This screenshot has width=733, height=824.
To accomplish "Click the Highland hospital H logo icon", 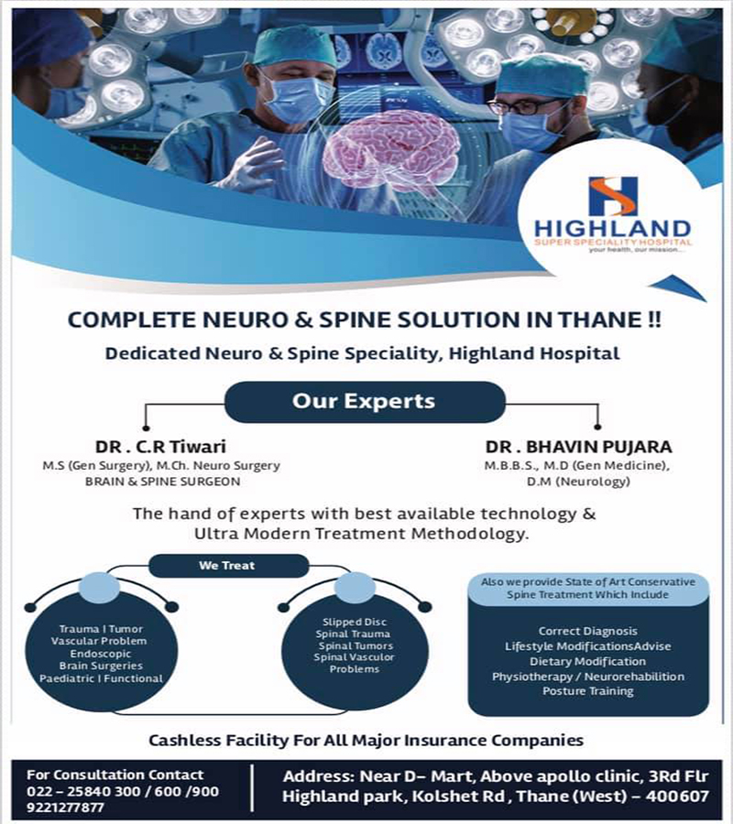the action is (x=613, y=196).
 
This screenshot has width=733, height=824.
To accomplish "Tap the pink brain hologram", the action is (x=391, y=152).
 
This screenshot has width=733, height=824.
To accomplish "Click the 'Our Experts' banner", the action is (x=365, y=402).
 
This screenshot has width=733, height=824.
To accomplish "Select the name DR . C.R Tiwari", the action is (x=161, y=447).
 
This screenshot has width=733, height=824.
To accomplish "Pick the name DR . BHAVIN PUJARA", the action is (x=578, y=447).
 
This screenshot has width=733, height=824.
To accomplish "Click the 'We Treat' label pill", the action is (x=227, y=566).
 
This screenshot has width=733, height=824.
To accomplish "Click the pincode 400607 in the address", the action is (x=677, y=797).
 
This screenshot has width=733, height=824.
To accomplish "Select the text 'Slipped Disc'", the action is (x=355, y=622).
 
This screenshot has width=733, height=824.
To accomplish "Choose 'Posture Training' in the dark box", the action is (x=588, y=691).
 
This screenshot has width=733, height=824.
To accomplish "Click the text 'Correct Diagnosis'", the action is (x=588, y=631).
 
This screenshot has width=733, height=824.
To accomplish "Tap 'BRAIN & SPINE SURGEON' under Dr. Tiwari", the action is (x=162, y=482).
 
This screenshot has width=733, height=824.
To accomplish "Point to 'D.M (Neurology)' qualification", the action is (x=578, y=482).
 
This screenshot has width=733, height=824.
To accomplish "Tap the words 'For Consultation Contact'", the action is (x=115, y=775).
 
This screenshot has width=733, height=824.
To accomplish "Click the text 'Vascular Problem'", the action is (x=99, y=641).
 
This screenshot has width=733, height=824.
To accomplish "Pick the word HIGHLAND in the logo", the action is (x=613, y=229).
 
